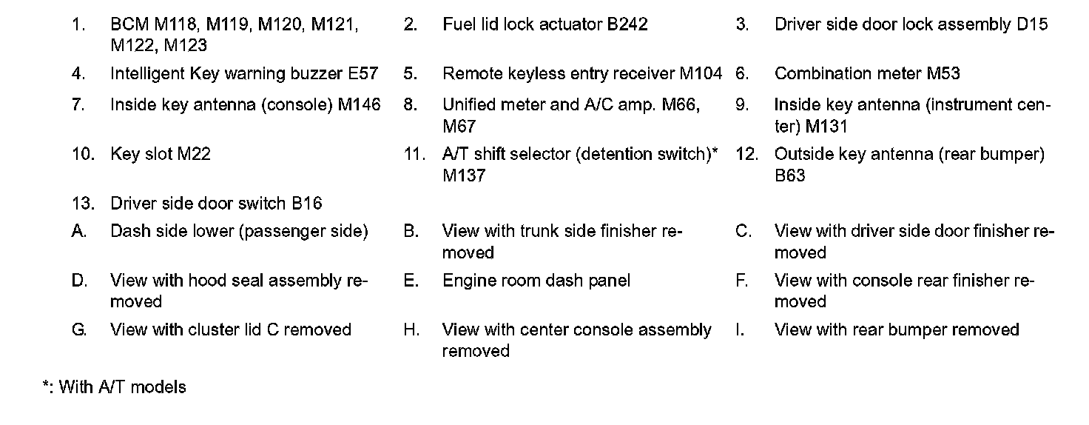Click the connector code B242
click(x=627, y=24)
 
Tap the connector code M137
click(x=464, y=176)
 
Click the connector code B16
click(x=306, y=204)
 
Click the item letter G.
click(x=79, y=330)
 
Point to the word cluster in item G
click(x=212, y=330)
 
